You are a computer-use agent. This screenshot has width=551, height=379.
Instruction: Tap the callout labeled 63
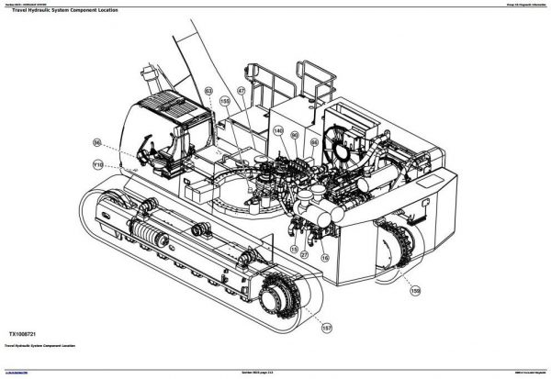point(208,92)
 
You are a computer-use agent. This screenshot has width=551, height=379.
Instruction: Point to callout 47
point(242,92)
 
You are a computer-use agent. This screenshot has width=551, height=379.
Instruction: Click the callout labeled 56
point(96,143)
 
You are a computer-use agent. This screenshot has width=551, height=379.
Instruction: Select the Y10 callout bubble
point(97,164)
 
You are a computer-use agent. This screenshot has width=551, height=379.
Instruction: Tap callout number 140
point(278,131)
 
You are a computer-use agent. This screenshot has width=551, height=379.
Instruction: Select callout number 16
point(324,258)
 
